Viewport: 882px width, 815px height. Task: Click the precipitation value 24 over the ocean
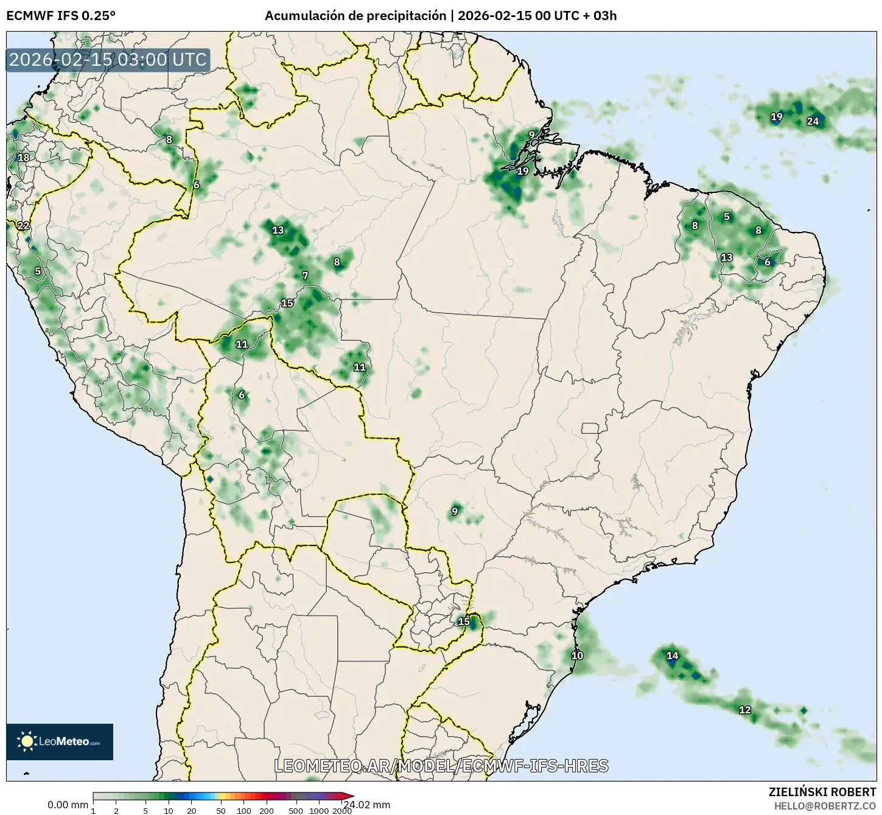[x=813, y=121]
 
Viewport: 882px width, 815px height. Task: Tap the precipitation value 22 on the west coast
[x=23, y=226]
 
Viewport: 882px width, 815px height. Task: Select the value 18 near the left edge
[x=23, y=158]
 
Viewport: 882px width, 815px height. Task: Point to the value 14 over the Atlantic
[x=672, y=656]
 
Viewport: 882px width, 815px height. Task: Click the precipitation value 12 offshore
[x=744, y=710]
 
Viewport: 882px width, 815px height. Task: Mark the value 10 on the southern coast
[x=577, y=656]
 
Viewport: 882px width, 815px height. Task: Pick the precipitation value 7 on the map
[x=305, y=276]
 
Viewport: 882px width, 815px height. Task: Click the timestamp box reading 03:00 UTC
[x=108, y=60]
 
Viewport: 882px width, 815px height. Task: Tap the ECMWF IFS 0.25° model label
[x=61, y=16]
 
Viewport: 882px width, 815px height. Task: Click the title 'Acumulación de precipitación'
[x=355, y=16]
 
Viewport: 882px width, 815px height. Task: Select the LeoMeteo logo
[x=60, y=741]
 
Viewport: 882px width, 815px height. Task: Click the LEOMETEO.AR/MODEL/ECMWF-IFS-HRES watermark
[x=441, y=766]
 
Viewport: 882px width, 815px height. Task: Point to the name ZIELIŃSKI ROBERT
[x=822, y=792]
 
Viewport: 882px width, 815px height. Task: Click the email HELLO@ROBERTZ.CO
[x=825, y=805]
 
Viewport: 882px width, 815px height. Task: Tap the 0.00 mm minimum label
[x=68, y=805]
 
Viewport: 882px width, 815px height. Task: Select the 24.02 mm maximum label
[x=366, y=805]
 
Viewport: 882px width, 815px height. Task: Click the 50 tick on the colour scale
[x=221, y=811]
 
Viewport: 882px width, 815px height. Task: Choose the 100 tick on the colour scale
[x=244, y=811]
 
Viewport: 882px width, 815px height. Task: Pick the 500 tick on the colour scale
[x=296, y=811]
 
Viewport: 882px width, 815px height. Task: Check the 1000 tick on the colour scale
[x=319, y=811]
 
